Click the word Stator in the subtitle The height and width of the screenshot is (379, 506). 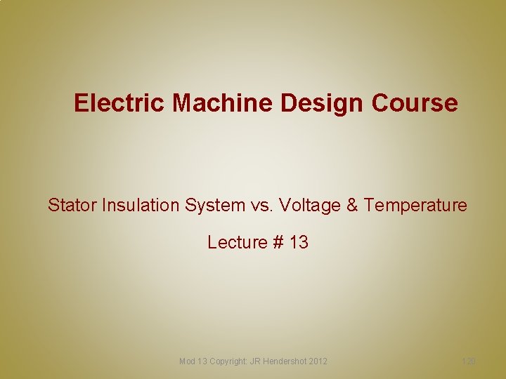tap(72, 205)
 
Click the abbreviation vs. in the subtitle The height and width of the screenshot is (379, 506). tap(262, 205)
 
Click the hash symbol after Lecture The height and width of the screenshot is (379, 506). tap(278, 242)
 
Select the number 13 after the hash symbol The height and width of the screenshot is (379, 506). tap(299, 242)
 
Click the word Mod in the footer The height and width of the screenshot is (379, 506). tap(188, 361)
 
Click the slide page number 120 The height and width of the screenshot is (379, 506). tap(469, 361)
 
